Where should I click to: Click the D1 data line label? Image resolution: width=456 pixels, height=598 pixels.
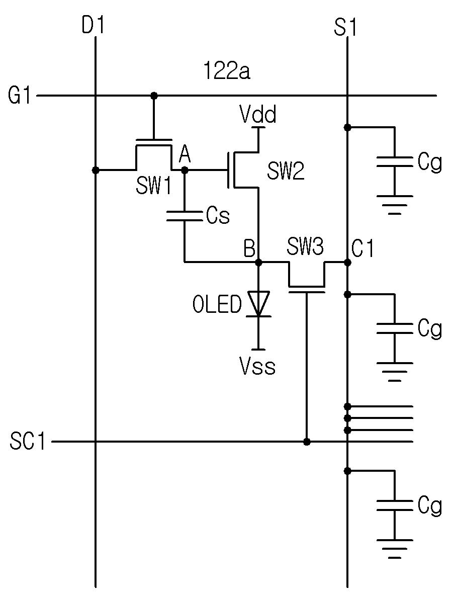click(93, 25)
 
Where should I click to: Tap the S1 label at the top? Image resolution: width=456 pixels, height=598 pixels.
click(345, 28)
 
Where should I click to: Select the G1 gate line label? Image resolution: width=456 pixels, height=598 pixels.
click(19, 96)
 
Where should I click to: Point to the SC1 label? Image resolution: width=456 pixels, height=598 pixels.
click(28, 442)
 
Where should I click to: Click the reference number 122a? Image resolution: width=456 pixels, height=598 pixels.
click(227, 71)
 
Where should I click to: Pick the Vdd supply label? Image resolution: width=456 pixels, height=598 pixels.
click(258, 114)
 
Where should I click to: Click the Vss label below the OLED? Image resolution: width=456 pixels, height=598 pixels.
click(257, 367)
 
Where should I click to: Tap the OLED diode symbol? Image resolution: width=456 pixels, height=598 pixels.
click(258, 304)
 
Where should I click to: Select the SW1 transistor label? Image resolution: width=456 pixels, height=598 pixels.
click(154, 187)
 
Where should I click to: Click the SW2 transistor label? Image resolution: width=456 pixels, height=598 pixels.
click(286, 171)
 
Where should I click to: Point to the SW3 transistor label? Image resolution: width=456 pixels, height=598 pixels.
click(305, 246)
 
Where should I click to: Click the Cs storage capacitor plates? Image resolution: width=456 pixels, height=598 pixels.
click(185, 216)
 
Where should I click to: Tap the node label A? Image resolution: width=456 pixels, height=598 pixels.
click(185, 155)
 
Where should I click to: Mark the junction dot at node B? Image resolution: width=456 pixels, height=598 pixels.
click(258, 262)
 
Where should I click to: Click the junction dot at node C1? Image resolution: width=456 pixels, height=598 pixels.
click(347, 262)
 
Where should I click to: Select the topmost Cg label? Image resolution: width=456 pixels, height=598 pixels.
click(430, 163)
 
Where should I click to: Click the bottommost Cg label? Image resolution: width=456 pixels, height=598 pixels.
click(430, 505)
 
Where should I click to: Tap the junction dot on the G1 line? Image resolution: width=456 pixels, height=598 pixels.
click(154, 95)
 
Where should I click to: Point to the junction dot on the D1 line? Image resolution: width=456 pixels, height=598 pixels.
click(96, 169)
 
